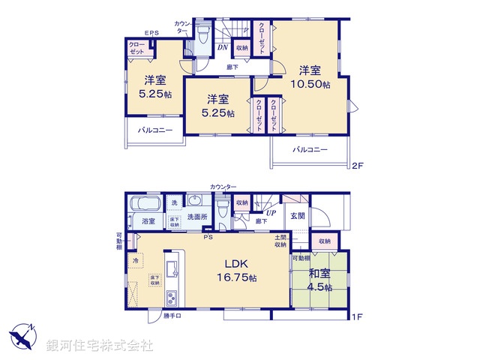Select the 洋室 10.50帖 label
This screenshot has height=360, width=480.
[x=310, y=77]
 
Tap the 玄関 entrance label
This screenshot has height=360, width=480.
[x=296, y=216]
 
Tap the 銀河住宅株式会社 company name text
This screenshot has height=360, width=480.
[x=100, y=345]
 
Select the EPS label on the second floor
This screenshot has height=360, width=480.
[x=151, y=33]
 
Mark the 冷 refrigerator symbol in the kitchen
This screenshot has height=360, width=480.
[x=135, y=261]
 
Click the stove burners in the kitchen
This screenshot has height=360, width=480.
[x=171, y=298]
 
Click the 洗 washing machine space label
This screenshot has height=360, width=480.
[x=174, y=203]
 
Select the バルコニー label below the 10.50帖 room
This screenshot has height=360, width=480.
[x=310, y=150]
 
